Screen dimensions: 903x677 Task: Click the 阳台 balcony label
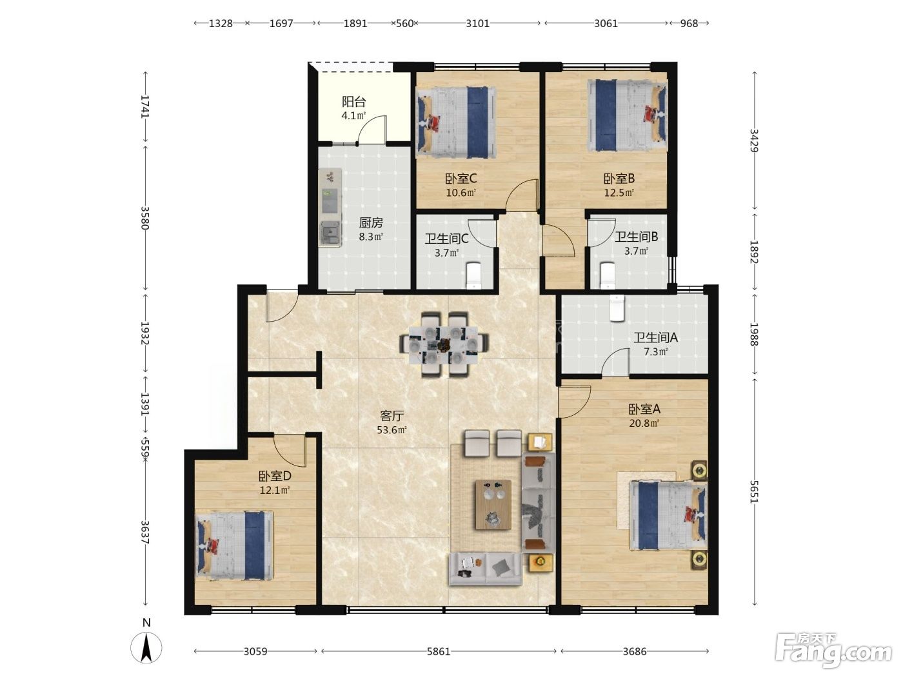pos(354,101)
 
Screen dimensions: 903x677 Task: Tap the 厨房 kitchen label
pos(371,223)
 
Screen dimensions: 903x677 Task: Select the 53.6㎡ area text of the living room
pos(392,430)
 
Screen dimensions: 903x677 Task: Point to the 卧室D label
pos(275,476)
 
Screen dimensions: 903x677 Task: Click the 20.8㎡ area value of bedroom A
pos(644,423)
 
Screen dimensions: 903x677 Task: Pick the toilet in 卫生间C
pos(473,275)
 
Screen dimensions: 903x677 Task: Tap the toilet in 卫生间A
pos(617,308)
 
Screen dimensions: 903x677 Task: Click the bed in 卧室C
pos(457,122)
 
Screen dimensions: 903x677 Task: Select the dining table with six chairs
pos(444,345)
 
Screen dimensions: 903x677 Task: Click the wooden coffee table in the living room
pos(493,504)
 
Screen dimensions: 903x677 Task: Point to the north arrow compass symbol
pos(146,647)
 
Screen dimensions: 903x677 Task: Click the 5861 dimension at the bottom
pos(439,651)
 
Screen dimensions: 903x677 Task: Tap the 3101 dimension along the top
pos(477,23)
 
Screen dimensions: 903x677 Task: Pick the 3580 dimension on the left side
pos(145,218)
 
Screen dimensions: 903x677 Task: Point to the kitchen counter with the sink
pos(330,207)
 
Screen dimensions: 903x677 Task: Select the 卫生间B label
pos(636,237)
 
